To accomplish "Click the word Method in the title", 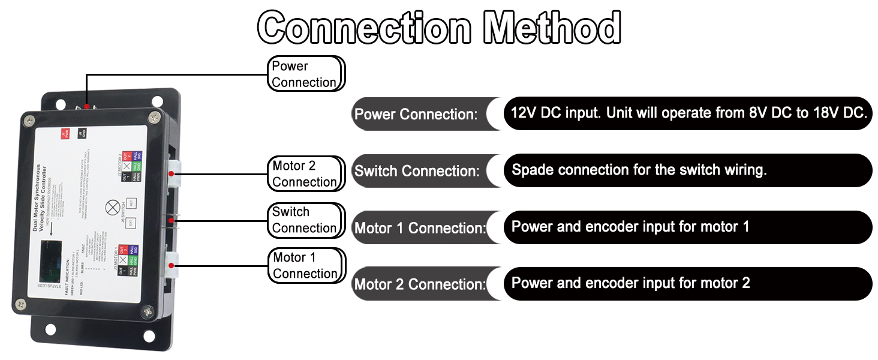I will click(552, 28).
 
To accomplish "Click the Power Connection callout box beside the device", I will click(306, 74).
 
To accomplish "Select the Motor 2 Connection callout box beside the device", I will click(306, 173).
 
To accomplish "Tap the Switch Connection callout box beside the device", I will click(306, 220).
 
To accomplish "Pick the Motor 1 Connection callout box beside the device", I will click(306, 265).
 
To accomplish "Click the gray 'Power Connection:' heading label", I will click(416, 114).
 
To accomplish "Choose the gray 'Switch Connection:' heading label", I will click(417, 171).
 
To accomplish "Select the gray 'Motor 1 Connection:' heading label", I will click(419, 228).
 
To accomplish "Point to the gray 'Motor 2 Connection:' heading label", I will click(419, 284).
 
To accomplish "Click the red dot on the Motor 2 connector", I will click(172, 174).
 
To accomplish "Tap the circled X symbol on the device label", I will click(112, 208).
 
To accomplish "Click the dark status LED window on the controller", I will click(50, 261).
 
